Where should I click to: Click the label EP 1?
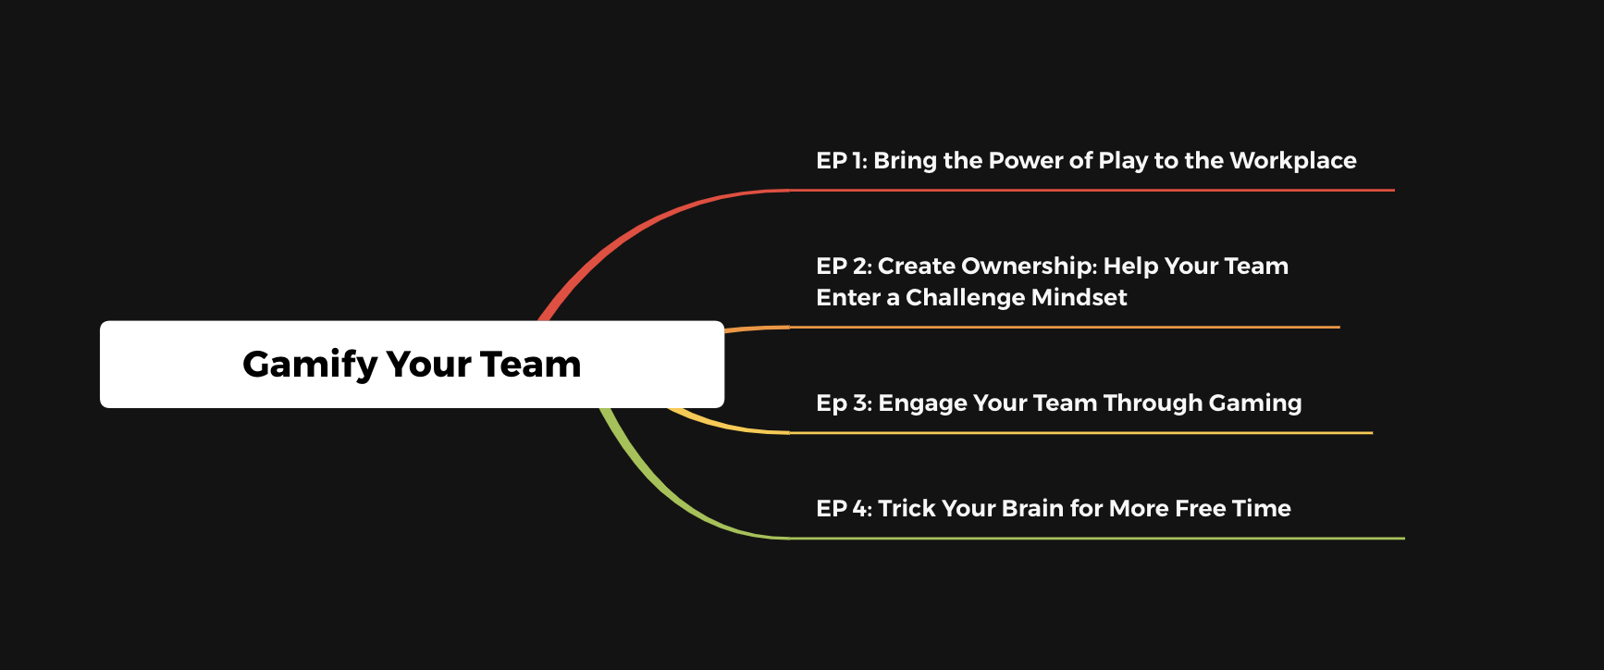pyautogui.click(x=842, y=161)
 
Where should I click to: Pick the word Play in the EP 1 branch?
pyautogui.click(x=1123, y=161)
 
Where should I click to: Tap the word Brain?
pyautogui.click(x=1032, y=509)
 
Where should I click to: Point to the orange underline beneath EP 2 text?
pyautogui.click(x=1065, y=327)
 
